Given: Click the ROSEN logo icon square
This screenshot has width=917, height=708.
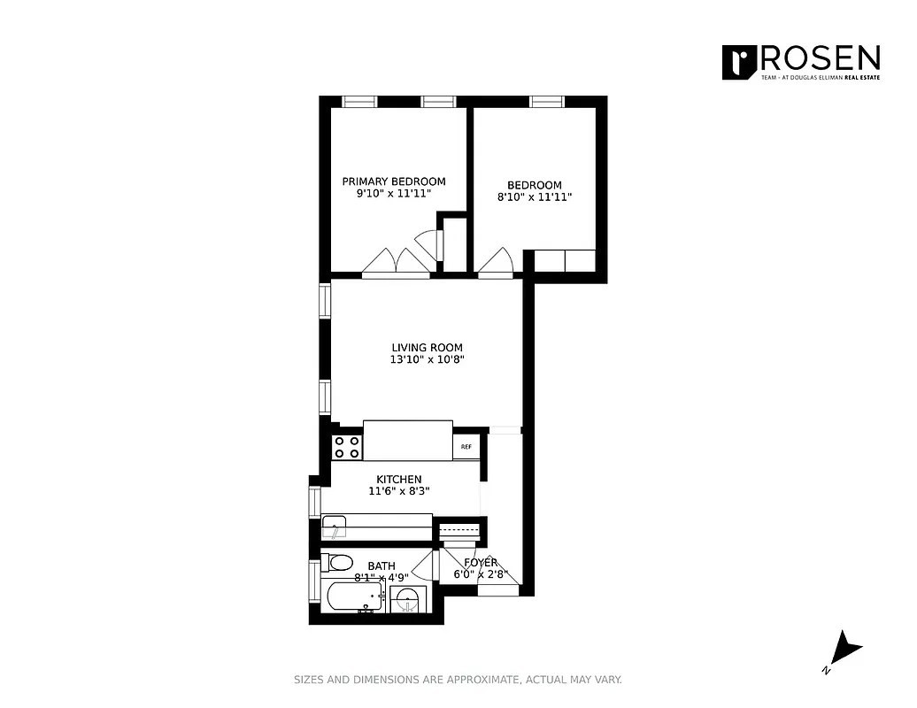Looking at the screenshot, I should [x=736, y=62].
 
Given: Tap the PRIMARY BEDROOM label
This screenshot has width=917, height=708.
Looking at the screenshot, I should [x=394, y=181].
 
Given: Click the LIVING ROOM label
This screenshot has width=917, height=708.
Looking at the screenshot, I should [x=427, y=348].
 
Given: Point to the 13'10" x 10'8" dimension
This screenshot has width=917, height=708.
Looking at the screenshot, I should [x=427, y=360].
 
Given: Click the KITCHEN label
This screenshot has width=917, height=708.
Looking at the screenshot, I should [x=399, y=480].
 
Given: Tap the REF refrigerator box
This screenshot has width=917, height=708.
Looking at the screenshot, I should [x=466, y=447].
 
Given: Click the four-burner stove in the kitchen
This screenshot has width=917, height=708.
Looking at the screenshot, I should [x=347, y=447].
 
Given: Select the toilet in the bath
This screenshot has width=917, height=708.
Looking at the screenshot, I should [x=340, y=562].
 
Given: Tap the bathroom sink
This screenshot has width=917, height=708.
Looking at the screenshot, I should [x=407, y=599].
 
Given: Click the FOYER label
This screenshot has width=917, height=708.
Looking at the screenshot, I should [x=480, y=562].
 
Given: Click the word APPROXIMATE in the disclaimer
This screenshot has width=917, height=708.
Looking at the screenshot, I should [x=481, y=680].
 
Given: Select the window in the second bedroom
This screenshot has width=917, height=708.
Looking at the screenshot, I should [x=546, y=102].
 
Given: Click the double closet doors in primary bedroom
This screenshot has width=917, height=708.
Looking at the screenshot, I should [x=397, y=262].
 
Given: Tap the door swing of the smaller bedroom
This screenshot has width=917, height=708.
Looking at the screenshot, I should [x=497, y=261].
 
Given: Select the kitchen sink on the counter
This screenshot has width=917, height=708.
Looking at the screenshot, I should [x=337, y=530].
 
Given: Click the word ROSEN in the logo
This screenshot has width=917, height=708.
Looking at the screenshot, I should [x=820, y=59].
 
